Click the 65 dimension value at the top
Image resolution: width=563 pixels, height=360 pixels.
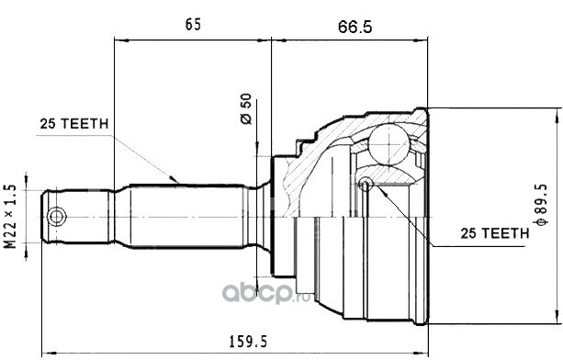coord(193,25)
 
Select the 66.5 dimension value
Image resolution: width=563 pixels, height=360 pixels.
coord(355,27)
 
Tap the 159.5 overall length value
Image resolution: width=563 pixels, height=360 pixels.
coord(248,342)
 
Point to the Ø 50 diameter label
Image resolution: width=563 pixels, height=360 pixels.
coord(246,108)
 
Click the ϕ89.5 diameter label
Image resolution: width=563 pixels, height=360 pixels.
coord(541,205)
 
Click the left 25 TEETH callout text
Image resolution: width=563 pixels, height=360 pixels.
coord(74,124)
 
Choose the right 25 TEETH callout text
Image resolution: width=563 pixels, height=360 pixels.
coord(495,233)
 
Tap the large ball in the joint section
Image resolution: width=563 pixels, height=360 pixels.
coord(389,144)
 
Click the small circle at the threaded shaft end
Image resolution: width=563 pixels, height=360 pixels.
coord(56,217)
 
